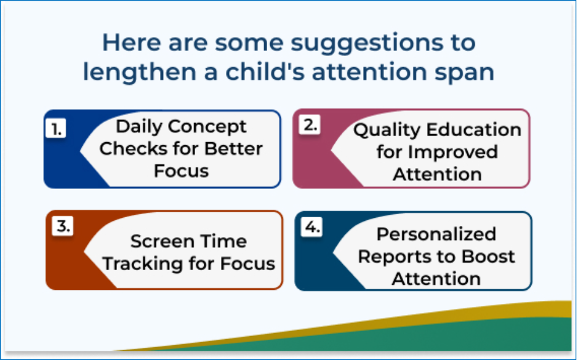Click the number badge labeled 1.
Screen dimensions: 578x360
click(x=55, y=128)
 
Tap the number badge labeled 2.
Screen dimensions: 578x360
click(x=310, y=125)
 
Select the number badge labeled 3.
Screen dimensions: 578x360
click(x=63, y=225)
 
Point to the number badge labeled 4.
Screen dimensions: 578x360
click(x=312, y=226)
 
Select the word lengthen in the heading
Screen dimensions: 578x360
click(x=139, y=72)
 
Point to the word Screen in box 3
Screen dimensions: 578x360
click(x=162, y=242)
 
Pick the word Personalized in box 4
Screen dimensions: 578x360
click(x=436, y=234)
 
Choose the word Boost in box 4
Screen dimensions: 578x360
click(x=488, y=257)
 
